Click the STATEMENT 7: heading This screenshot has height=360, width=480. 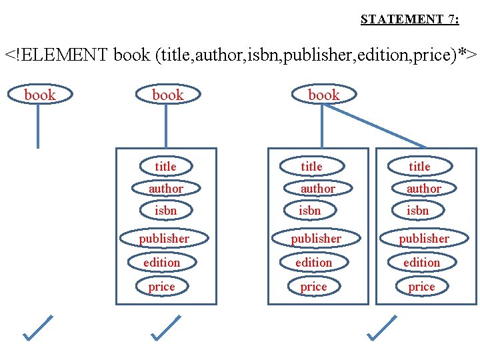coord(409,19)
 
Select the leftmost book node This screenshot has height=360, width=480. coord(39,95)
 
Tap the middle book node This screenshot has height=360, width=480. coord(167,95)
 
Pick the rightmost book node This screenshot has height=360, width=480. coord(323,95)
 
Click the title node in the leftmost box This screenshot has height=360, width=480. coord(165,166)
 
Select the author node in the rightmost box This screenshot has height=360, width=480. coord(423,189)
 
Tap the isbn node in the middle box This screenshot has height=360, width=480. coord(310,211)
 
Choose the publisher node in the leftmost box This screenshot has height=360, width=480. coord(164,238)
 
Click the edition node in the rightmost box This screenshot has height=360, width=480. coord(421,262)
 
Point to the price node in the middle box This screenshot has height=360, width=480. coord(313,287)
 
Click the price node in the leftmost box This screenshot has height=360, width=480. coord(161,287)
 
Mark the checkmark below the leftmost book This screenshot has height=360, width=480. coord(37,328)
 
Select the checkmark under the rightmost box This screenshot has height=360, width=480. coord(381,328)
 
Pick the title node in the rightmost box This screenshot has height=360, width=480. coord(419,166)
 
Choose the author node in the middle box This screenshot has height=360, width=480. coord(317,189)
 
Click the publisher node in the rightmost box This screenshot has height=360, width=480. coord(423,238)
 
